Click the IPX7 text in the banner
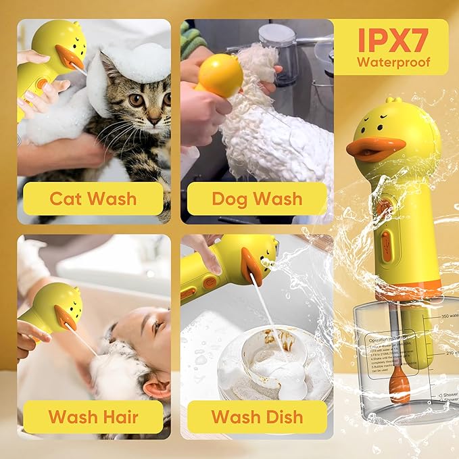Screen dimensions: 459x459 click(393, 41)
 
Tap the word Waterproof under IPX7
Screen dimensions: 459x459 click(393, 64)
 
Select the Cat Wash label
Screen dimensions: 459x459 click(93, 199)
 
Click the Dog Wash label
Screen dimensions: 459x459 click(257, 199)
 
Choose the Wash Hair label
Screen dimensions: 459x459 click(93, 416)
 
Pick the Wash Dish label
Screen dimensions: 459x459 click(257, 416)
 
